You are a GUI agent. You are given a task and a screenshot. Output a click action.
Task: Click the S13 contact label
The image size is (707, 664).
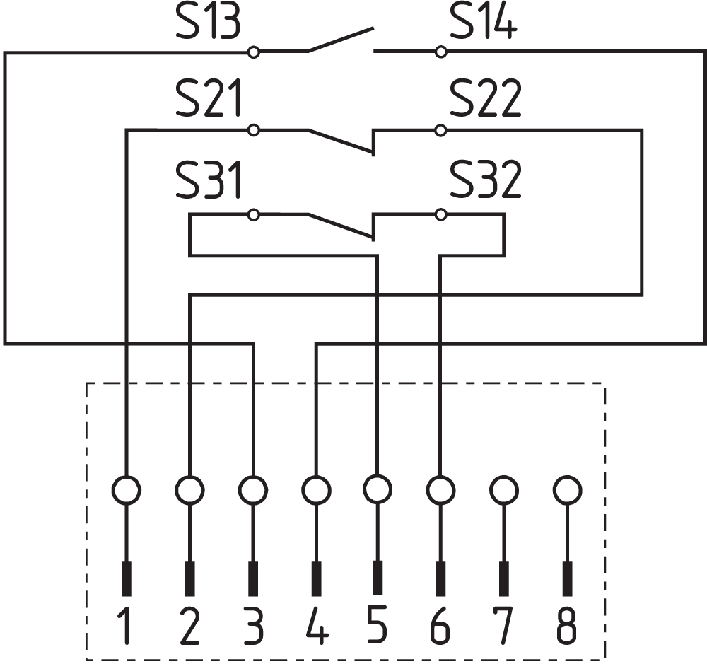pos(208,23)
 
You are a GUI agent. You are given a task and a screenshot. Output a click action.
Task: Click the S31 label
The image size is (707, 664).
pos(208,182)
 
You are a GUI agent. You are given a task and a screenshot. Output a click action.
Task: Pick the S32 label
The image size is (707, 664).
pos(486,182)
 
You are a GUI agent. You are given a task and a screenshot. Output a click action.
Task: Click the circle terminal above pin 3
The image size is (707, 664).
pos(252,489)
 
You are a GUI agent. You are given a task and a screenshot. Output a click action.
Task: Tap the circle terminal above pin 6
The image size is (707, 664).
pos(440,489)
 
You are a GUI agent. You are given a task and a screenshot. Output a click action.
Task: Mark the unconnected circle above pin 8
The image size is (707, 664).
pos(566,489)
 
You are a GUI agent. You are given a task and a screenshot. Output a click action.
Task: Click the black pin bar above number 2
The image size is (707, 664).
pos(189,578)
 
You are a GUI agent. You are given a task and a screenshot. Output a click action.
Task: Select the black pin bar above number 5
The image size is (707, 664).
pos(378,578)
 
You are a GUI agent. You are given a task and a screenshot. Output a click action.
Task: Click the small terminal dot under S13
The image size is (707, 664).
pos(254,52)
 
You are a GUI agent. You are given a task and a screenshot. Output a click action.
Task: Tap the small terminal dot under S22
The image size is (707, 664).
pos(441,130)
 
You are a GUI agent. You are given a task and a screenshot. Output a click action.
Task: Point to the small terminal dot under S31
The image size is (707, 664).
pos(254,214)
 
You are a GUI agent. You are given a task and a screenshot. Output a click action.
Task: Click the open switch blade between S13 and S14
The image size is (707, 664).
pos(340,40)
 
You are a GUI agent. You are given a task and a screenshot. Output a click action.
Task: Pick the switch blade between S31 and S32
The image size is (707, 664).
pos(340,226)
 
